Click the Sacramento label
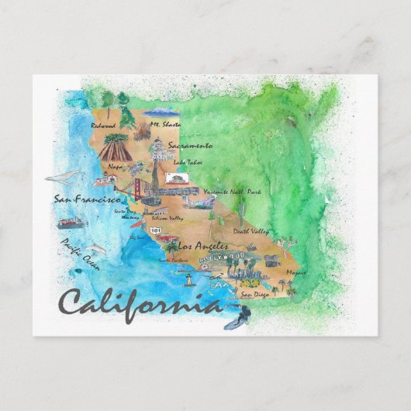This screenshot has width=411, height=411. [x=191, y=145]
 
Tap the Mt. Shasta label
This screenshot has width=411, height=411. [x=165, y=123]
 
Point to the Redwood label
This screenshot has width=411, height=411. [x=103, y=125]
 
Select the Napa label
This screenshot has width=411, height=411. [x=116, y=165]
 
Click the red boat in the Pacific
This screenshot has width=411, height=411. [x=71, y=223]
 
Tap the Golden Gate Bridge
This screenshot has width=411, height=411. [x=140, y=189]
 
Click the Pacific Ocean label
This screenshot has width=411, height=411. [x=81, y=254]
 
